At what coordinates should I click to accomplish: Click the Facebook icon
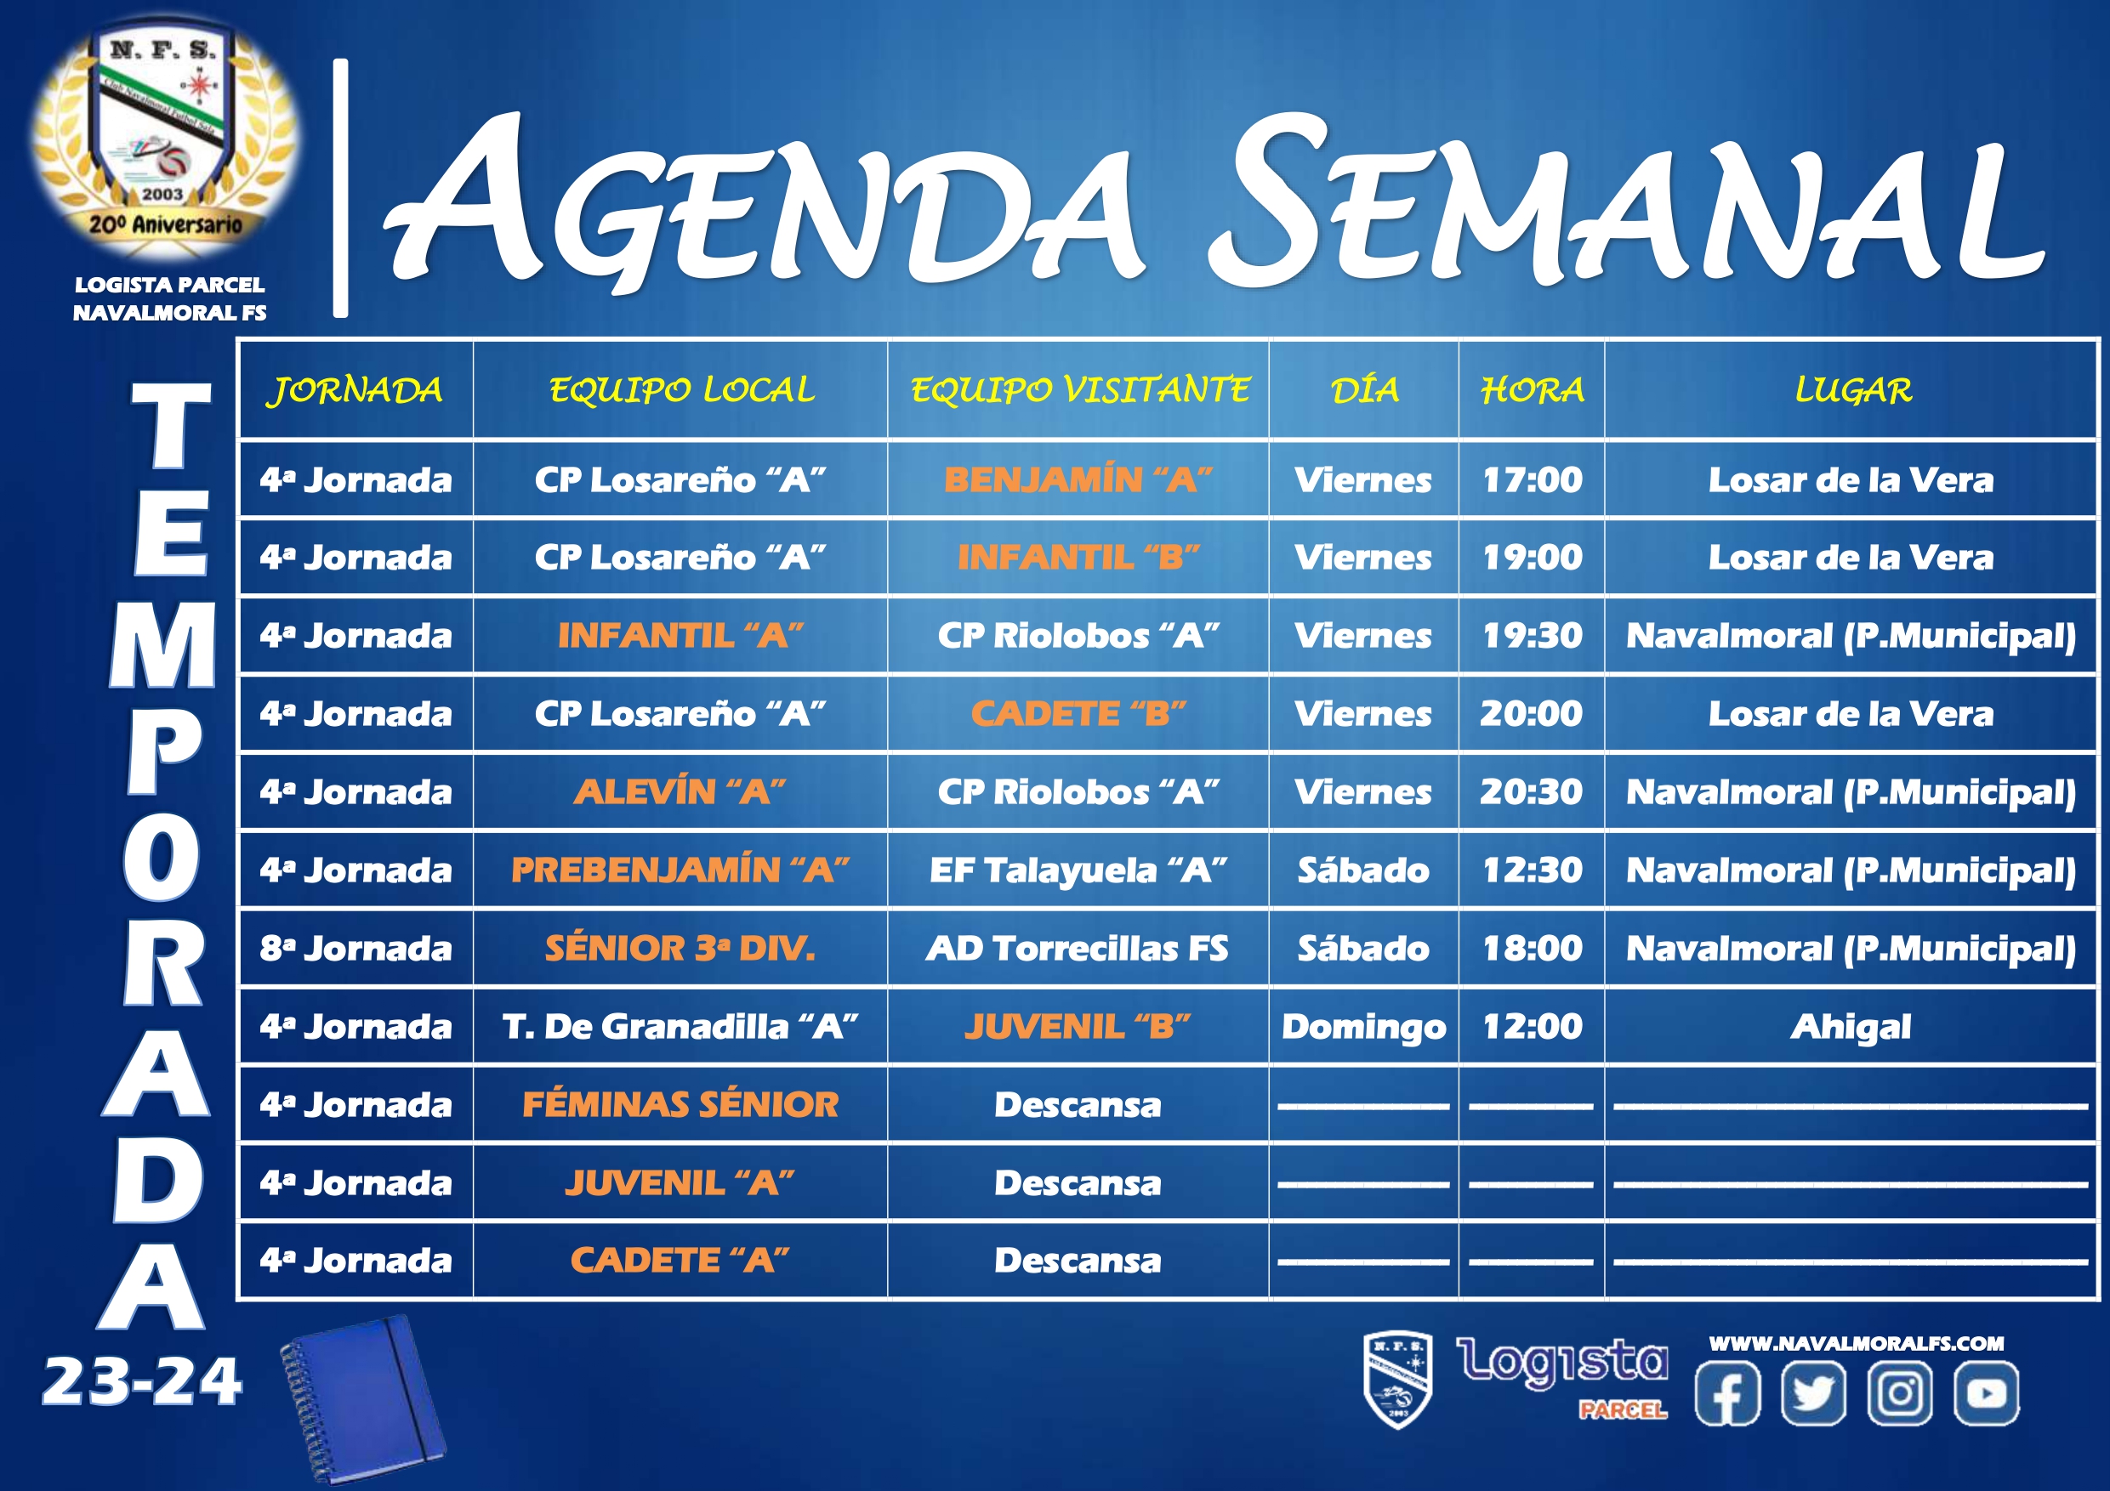click(x=1727, y=1392)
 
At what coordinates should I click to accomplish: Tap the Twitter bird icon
click(x=1813, y=1392)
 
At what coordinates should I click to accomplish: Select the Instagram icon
click(x=1900, y=1392)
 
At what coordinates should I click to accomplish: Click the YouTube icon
click(x=1986, y=1392)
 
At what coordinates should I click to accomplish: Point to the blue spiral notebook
click(x=363, y=1398)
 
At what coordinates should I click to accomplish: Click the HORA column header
click(x=1532, y=390)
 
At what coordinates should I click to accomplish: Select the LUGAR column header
click(x=1852, y=390)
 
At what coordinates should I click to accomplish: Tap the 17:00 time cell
click(x=1532, y=479)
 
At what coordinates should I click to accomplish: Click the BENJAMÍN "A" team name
click(x=1078, y=479)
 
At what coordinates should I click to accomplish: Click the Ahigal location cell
click(x=1851, y=1027)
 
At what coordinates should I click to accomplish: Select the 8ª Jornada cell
click(x=355, y=948)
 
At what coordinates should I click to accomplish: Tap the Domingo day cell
click(x=1364, y=1027)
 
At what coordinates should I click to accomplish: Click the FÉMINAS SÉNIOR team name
click(x=680, y=1104)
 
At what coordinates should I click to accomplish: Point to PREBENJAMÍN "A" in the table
click(x=680, y=870)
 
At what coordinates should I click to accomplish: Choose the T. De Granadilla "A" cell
click(x=680, y=1026)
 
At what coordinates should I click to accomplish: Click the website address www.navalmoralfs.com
click(x=1857, y=1343)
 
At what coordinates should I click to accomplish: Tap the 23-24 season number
click(x=141, y=1381)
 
